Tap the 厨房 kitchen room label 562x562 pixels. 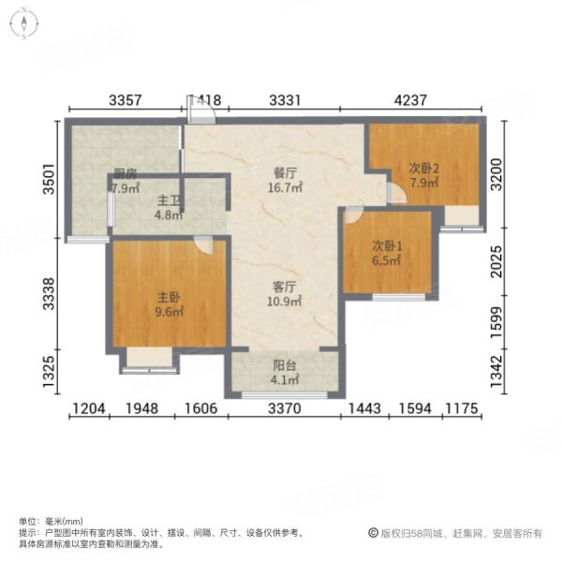click(126, 173)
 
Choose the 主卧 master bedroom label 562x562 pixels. click(169, 297)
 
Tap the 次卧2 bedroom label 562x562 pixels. click(423, 169)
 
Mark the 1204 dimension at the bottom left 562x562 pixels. click(93, 408)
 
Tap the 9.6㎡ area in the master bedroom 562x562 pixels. click(169, 312)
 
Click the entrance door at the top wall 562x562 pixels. click(201, 110)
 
